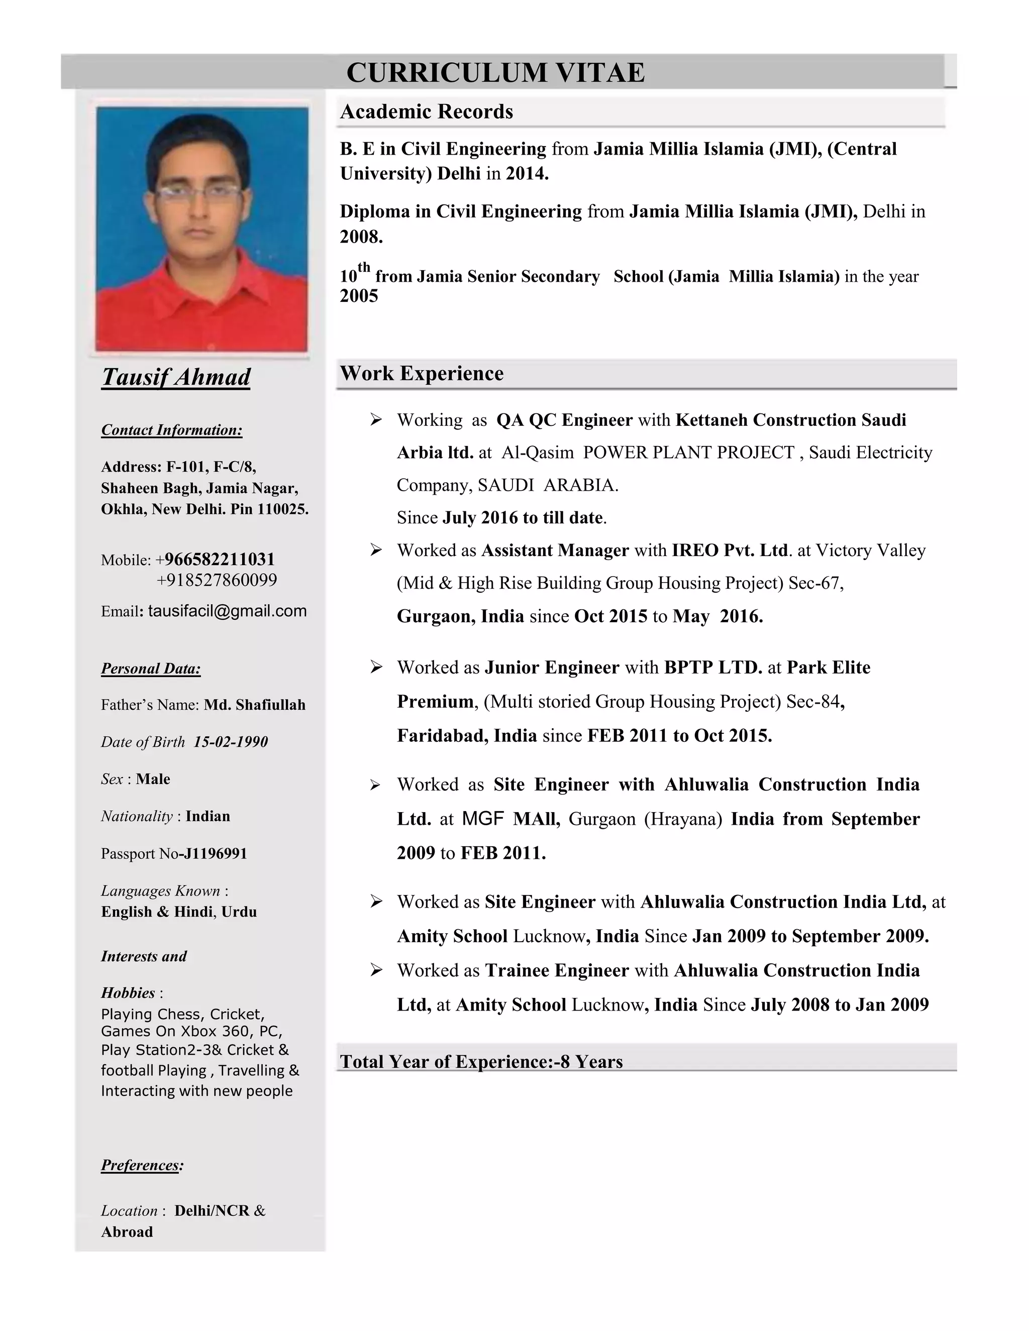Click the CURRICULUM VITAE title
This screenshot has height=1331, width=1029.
tap(495, 72)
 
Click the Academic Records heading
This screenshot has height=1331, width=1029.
tap(426, 112)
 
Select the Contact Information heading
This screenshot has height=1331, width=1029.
tap(171, 429)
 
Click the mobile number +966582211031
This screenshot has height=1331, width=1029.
tap(220, 559)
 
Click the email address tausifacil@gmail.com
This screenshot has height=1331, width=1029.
tap(227, 611)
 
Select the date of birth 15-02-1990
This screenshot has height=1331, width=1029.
tap(231, 742)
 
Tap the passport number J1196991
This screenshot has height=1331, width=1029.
tap(215, 853)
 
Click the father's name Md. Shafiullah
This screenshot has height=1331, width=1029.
tap(254, 705)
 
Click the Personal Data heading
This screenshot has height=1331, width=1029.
tap(151, 668)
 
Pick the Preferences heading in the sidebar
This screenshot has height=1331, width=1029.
tap(142, 1165)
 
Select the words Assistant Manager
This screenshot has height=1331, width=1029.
tap(555, 550)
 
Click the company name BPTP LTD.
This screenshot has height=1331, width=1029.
tap(712, 668)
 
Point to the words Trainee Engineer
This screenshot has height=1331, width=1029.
tap(557, 970)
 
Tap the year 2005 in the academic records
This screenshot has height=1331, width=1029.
tap(359, 296)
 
